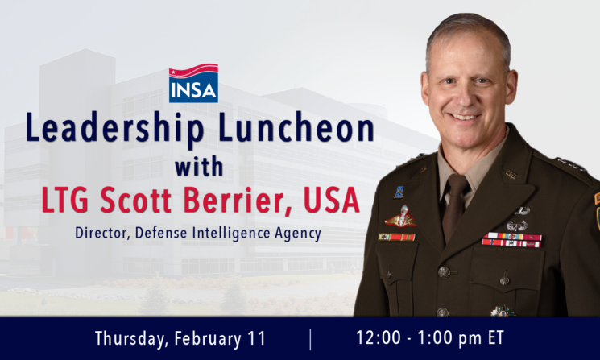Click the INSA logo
pos(193,83)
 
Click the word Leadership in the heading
pos(115,129)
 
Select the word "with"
pos(199,167)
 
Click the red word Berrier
pos(238,200)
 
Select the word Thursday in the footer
pos(131,339)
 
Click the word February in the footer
pos(208,339)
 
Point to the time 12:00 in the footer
pos(379,337)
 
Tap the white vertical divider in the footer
pos(310,339)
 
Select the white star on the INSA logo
pos(172,72)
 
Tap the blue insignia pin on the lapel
pos(399,192)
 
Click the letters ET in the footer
pos(496,337)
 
